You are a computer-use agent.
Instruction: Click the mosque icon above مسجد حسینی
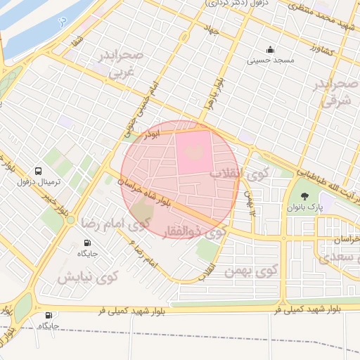[271, 49]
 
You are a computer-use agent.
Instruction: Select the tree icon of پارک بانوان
[304, 197]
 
